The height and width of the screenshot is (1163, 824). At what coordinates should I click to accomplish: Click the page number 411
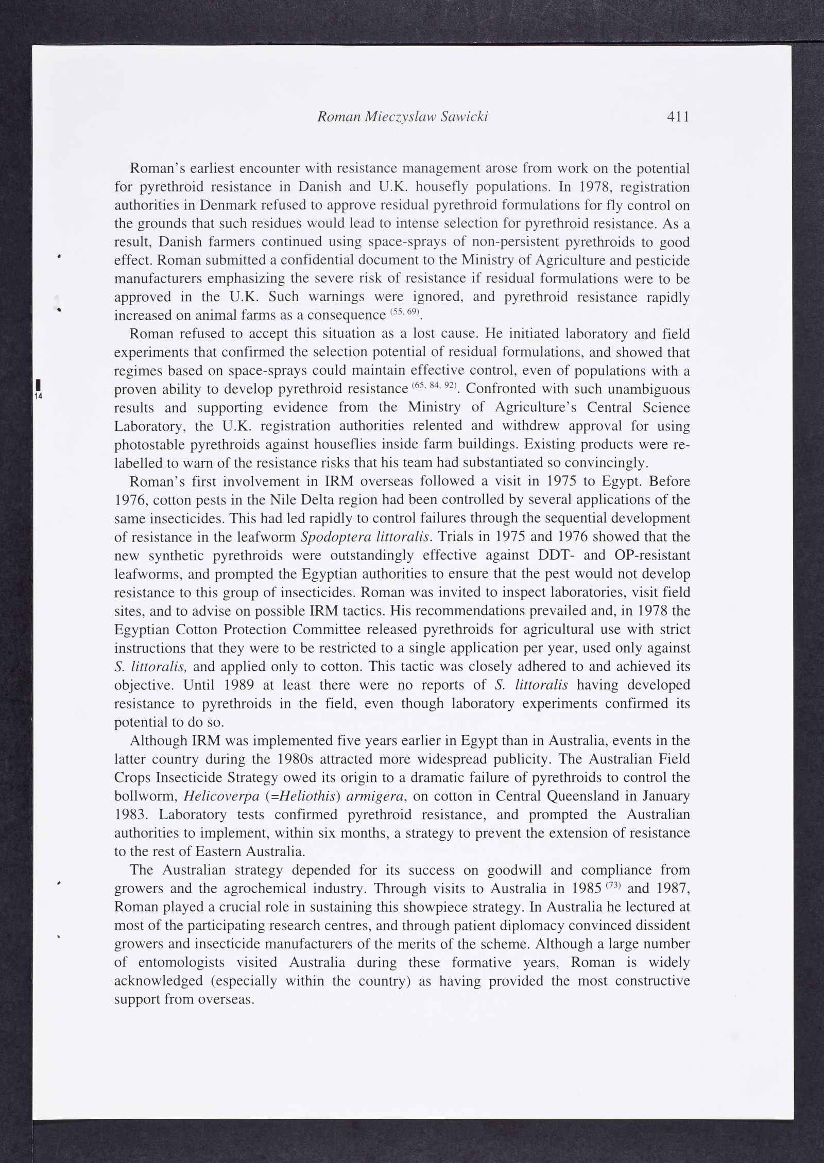click(678, 117)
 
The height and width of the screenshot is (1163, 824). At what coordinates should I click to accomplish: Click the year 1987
click(669, 889)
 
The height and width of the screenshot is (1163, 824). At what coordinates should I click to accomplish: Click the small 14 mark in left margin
click(39, 396)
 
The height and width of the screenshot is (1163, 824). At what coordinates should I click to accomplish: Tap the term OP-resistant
click(653, 556)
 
